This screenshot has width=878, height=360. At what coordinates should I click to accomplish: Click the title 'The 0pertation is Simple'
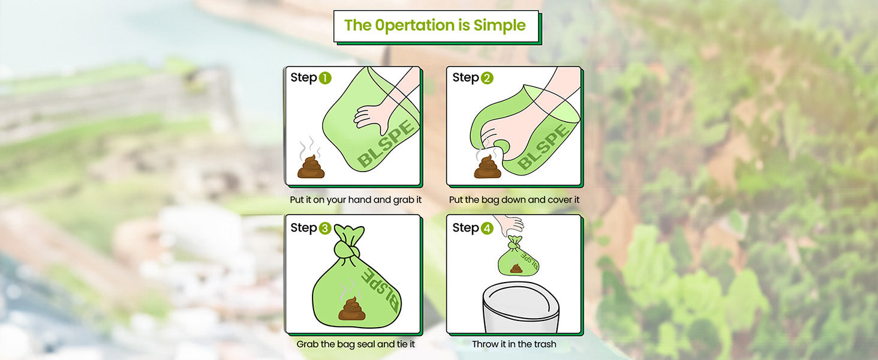pyautogui.click(x=435, y=26)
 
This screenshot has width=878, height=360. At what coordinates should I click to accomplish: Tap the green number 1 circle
pyautogui.click(x=324, y=78)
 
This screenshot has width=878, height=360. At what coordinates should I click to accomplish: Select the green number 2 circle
pyautogui.click(x=486, y=78)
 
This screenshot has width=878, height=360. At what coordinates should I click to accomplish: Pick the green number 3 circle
pyautogui.click(x=324, y=229)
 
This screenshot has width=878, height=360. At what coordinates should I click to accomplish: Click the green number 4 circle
pyautogui.click(x=486, y=229)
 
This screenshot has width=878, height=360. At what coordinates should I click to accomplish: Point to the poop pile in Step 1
pyautogui.click(x=311, y=167)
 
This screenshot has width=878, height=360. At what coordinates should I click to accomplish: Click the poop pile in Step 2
pyautogui.click(x=487, y=167)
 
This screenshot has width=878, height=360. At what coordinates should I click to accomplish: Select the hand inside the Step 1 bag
pyautogui.click(x=372, y=114)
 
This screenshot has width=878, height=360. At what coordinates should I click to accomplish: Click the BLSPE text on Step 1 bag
pyautogui.click(x=386, y=144)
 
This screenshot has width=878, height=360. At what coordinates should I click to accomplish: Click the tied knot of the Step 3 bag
pyautogui.click(x=347, y=247)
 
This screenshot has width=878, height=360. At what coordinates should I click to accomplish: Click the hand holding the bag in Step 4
pyautogui.click(x=512, y=225)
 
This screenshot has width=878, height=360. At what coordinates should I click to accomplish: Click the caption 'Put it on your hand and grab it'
pyautogui.click(x=356, y=200)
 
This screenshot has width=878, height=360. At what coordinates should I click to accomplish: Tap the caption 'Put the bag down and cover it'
pyautogui.click(x=514, y=200)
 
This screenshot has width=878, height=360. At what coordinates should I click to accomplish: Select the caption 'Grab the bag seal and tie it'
pyautogui.click(x=356, y=344)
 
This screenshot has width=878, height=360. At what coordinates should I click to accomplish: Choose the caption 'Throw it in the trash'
pyautogui.click(x=514, y=344)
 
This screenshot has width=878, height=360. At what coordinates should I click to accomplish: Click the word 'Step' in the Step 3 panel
pyautogui.click(x=303, y=228)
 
